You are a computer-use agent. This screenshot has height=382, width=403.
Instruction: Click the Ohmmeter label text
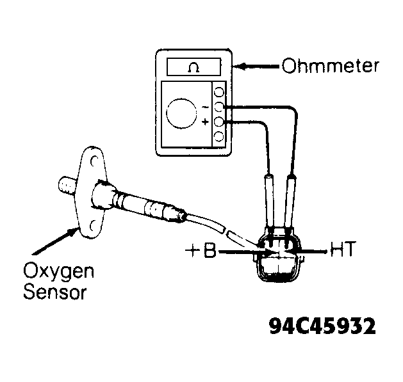click(330, 66)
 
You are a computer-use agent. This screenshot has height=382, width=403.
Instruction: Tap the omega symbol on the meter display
click(193, 68)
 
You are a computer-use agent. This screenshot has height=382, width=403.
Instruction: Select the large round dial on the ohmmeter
click(181, 113)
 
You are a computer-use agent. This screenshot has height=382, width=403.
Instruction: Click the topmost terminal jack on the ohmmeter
click(219, 92)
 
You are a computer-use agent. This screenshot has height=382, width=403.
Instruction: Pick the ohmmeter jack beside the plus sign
click(219, 122)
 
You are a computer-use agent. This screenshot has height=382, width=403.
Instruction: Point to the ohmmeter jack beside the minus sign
click(219, 107)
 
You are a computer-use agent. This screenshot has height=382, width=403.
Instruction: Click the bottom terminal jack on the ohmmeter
click(219, 136)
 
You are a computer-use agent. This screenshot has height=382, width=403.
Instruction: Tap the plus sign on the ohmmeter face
click(205, 122)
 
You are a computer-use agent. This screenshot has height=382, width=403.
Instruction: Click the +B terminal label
click(201, 250)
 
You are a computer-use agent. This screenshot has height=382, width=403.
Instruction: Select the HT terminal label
click(343, 249)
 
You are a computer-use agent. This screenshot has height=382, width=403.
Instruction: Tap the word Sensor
click(55, 292)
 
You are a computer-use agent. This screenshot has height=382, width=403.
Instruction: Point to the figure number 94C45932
click(322, 326)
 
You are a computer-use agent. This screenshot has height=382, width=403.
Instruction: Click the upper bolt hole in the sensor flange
click(94, 161)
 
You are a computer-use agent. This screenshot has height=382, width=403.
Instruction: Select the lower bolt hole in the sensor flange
click(93, 226)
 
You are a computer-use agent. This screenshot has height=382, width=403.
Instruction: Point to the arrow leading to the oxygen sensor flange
click(55, 241)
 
